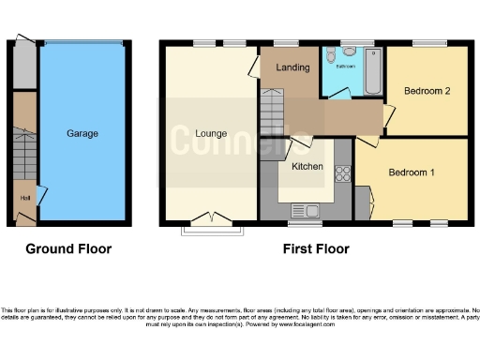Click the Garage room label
tap(82, 134)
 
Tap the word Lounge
tap(210, 133)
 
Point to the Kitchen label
tap(307, 166)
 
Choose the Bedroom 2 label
tap(427, 91)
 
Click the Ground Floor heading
tap(68, 249)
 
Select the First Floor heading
tap(316, 249)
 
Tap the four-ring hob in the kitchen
tap(341, 173)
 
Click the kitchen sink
tap(306, 210)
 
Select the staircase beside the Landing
tap(271, 114)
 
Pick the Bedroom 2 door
tap(388, 116)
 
